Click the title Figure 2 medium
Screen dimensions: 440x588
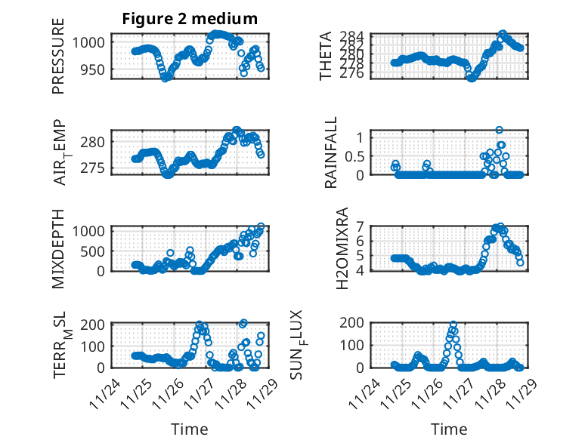(x=190, y=19)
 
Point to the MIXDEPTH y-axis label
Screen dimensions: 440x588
(x=58, y=248)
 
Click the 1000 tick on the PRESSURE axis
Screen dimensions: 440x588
(x=93, y=42)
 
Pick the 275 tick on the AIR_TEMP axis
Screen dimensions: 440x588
(x=97, y=167)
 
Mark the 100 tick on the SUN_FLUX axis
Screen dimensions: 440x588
(x=357, y=345)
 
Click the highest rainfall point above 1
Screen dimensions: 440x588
(x=499, y=130)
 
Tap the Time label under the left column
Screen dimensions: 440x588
(x=190, y=429)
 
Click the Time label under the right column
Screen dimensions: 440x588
(x=449, y=429)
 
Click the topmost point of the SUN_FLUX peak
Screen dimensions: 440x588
(x=453, y=324)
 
